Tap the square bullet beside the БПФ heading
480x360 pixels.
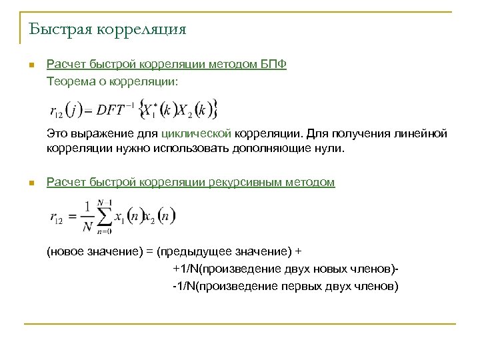click(x=31, y=65)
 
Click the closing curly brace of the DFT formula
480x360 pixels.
click(x=215, y=109)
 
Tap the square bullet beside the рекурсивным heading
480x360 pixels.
click(x=31, y=183)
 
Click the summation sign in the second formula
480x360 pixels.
click(x=105, y=215)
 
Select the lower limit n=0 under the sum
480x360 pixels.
click(x=103, y=231)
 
